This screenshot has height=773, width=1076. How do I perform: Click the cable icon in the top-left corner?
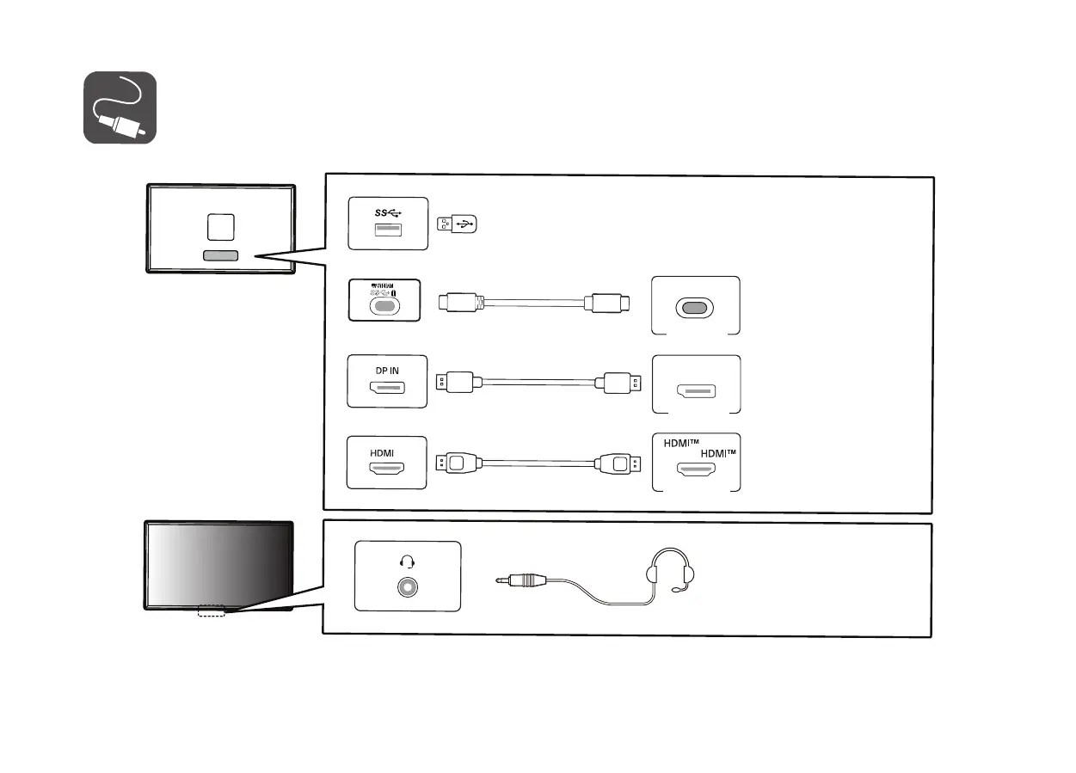point(120,107)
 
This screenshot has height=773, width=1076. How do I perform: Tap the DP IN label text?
point(386,371)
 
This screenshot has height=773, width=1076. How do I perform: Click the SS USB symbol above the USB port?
point(387,212)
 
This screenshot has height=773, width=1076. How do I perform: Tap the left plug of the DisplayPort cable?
point(457,382)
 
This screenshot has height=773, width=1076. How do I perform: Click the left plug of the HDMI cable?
point(457,463)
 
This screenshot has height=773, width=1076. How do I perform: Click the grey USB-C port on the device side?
point(696,308)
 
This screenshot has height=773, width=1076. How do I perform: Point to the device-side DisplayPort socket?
point(696,392)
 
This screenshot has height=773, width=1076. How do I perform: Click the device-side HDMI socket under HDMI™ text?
point(696,470)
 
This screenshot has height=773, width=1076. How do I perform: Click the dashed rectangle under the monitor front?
point(211,611)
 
